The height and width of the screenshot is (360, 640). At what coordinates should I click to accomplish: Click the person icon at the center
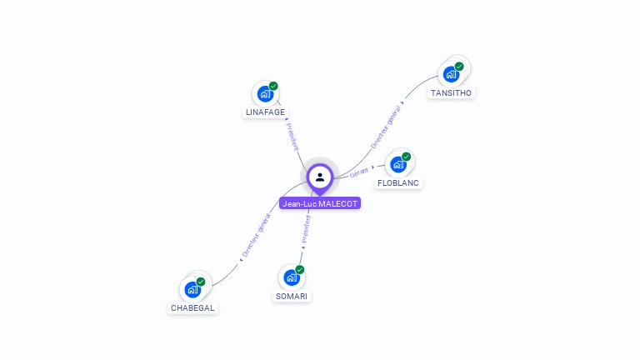pyautogui.click(x=320, y=177)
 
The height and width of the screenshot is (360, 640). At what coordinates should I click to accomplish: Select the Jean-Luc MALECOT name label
pyautogui.click(x=320, y=203)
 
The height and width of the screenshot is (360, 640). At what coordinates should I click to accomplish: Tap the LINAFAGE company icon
pyautogui.click(x=265, y=93)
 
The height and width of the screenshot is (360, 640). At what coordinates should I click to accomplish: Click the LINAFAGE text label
pyautogui.click(x=265, y=112)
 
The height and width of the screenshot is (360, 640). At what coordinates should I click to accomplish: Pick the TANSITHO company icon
pyautogui.click(x=451, y=74)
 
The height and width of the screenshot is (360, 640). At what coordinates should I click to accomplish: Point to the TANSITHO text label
pyautogui.click(x=451, y=92)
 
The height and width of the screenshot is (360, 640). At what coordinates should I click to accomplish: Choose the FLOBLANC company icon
pyautogui.click(x=398, y=164)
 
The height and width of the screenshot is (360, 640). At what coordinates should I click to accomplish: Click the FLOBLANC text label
pyautogui.click(x=398, y=182)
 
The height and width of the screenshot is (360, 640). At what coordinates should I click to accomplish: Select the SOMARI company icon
pyautogui.click(x=291, y=277)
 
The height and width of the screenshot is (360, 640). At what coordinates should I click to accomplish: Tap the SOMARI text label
pyautogui.click(x=291, y=296)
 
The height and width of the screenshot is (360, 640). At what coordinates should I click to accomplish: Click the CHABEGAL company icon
pyautogui.click(x=192, y=289)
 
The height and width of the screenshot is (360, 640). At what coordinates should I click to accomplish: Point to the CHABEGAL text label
pyautogui.click(x=192, y=307)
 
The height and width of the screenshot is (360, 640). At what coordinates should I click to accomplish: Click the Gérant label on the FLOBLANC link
pyautogui.click(x=359, y=172)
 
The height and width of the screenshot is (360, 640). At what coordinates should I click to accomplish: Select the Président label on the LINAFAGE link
pyautogui.click(x=292, y=136)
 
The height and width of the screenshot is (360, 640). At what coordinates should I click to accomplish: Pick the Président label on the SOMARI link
pyautogui.click(x=306, y=228)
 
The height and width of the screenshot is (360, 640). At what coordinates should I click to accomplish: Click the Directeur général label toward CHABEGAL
pyautogui.click(x=256, y=236)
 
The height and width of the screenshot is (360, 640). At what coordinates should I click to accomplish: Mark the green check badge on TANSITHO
pyautogui.click(x=459, y=67)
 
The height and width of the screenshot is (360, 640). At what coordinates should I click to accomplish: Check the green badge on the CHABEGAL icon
pyautogui.click(x=201, y=282)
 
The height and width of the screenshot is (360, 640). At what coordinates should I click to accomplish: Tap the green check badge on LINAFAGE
pyautogui.click(x=273, y=86)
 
